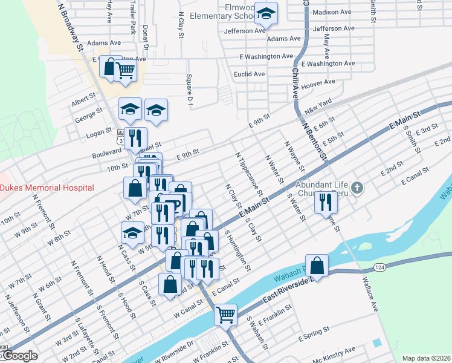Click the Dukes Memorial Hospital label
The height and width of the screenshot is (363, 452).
pos(47,188)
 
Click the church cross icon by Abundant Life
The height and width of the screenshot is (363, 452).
pos(357,188)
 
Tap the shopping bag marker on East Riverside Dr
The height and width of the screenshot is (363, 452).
pos(317,265)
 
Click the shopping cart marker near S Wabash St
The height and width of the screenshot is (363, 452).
pos(225,314)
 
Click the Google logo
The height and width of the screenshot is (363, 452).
pos(19,356)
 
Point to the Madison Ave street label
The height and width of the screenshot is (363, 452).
pos(332,12)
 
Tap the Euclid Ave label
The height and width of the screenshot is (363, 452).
pos(250,74)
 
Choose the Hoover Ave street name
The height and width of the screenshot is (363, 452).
pos(318,83)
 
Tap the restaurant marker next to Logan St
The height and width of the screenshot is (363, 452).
pos(135,137)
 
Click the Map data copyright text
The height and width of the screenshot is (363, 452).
pos(426,358)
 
